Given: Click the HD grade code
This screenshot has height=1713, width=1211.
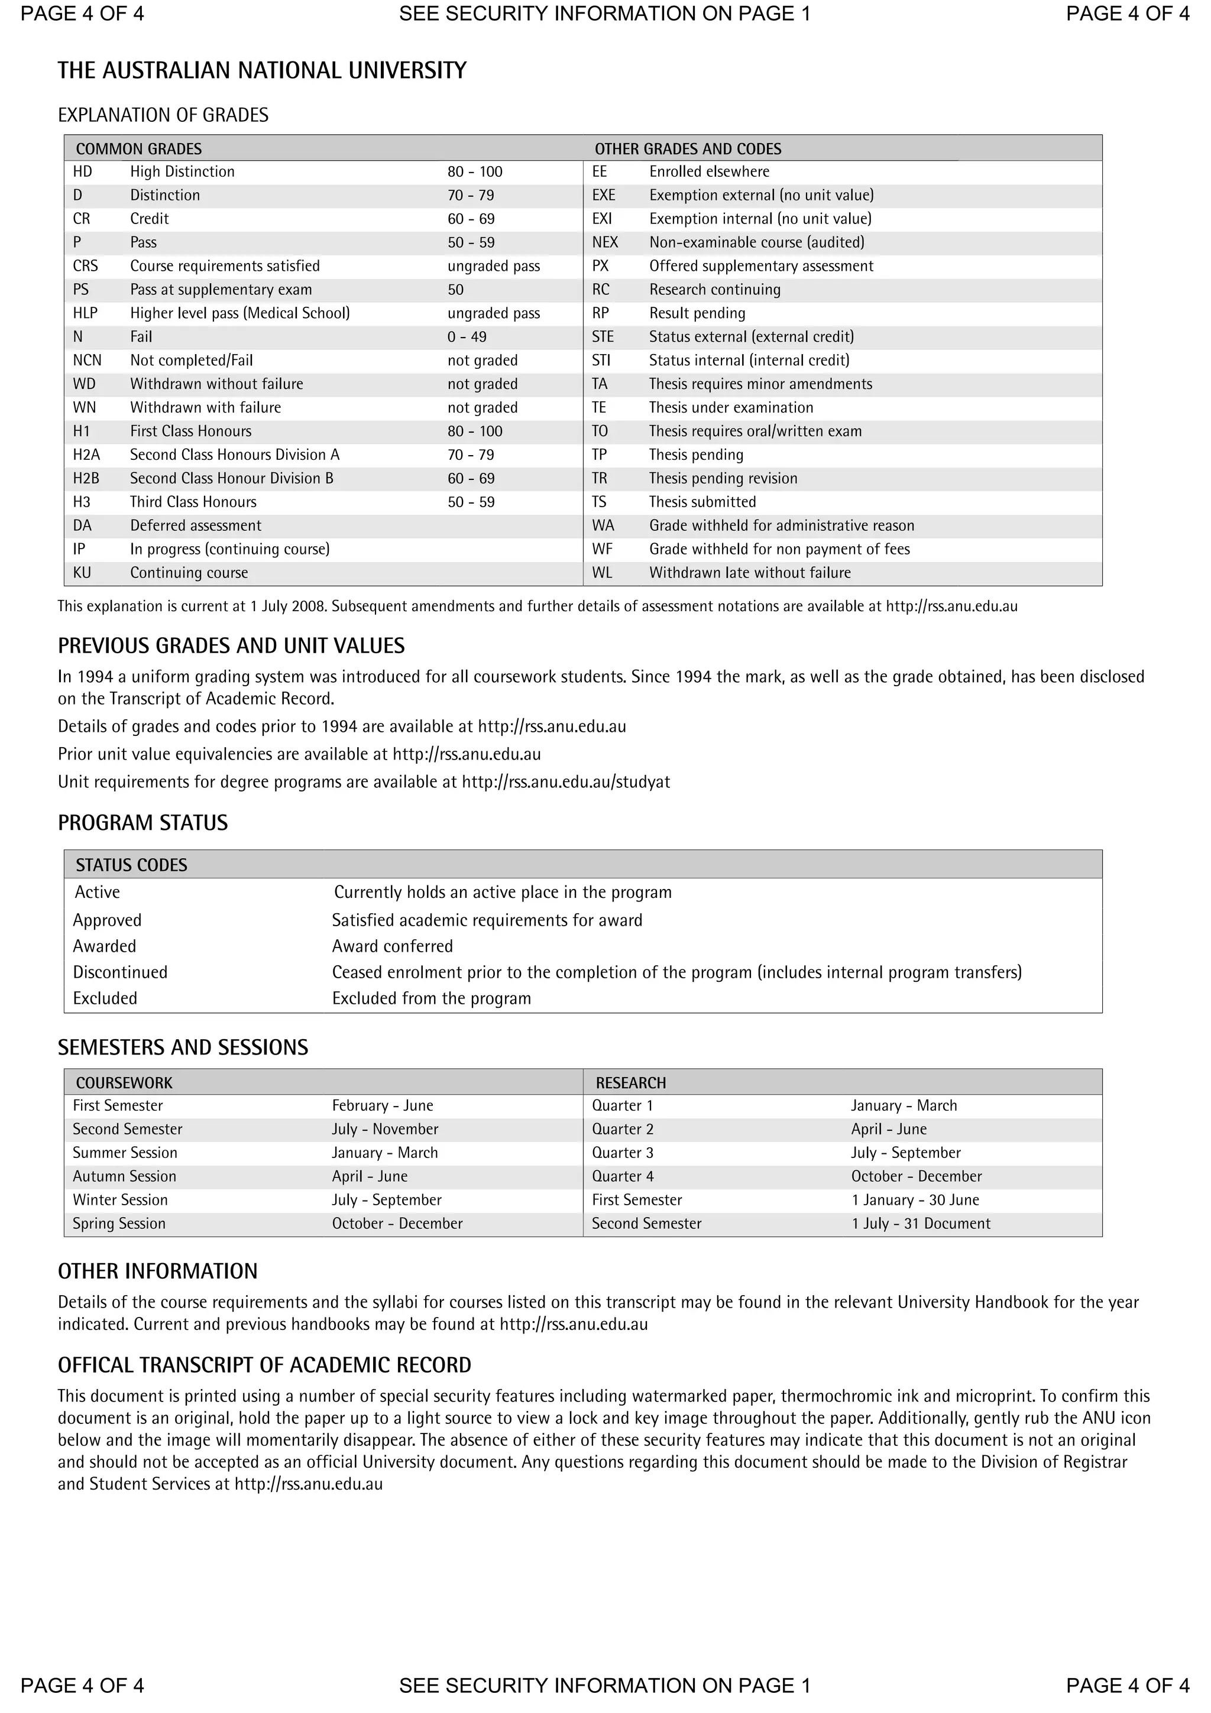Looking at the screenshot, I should pyautogui.click(x=82, y=171).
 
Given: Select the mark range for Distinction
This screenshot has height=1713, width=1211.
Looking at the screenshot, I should pyautogui.click(x=471, y=196).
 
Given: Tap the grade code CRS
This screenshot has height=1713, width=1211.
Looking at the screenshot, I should pyautogui.click(x=85, y=267).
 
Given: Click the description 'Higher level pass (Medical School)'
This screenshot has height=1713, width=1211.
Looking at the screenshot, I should pyautogui.click(x=239, y=313).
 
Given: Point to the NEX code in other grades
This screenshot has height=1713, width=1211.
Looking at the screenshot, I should pyautogui.click(x=604, y=242).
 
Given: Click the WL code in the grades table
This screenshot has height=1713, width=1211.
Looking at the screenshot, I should pyautogui.click(x=601, y=573).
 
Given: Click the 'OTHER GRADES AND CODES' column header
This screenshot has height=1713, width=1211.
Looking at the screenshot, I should pyautogui.click(x=687, y=148).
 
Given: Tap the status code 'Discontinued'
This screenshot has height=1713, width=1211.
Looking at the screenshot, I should pyautogui.click(x=120, y=972).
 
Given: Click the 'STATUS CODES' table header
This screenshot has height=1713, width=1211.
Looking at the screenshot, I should pyautogui.click(x=131, y=865).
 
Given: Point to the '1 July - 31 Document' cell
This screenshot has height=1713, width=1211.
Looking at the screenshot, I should pyautogui.click(x=921, y=1224).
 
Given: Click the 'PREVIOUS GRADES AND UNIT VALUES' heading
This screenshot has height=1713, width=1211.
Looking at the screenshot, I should pyautogui.click(x=231, y=646).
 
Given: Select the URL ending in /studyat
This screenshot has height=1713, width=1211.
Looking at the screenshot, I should pyautogui.click(x=565, y=782).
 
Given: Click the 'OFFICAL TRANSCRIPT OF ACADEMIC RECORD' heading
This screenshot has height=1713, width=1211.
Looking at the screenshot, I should pyautogui.click(x=264, y=1365).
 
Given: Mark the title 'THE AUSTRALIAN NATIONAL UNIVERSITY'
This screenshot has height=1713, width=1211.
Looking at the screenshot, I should pyautogui.click(x=262, y=71).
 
